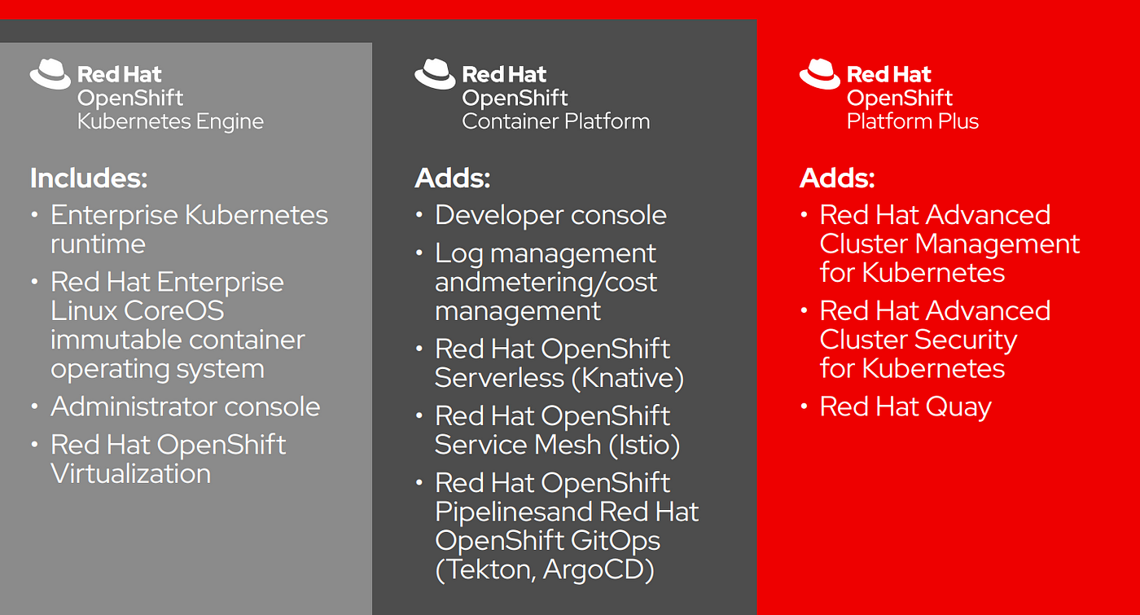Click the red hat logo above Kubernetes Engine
tap(50, 74)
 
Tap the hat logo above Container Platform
tap(435, 74)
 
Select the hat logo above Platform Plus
tap(820, 74)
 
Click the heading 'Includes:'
tap(89, 178)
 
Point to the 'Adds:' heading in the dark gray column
tap(453, 178)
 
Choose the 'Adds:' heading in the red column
tap(838, 178)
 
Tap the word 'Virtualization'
tap(131, 474)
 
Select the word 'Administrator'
tap(134, 406)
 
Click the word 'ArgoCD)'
tap(598, 569)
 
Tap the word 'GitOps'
tap(616, 541)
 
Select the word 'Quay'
tap(958, 407)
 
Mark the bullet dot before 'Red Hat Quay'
tap(805, 406)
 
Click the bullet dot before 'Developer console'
tap(419, 215)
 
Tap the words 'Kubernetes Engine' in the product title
tap(170, 121)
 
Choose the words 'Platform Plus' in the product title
tap(913, 121)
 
